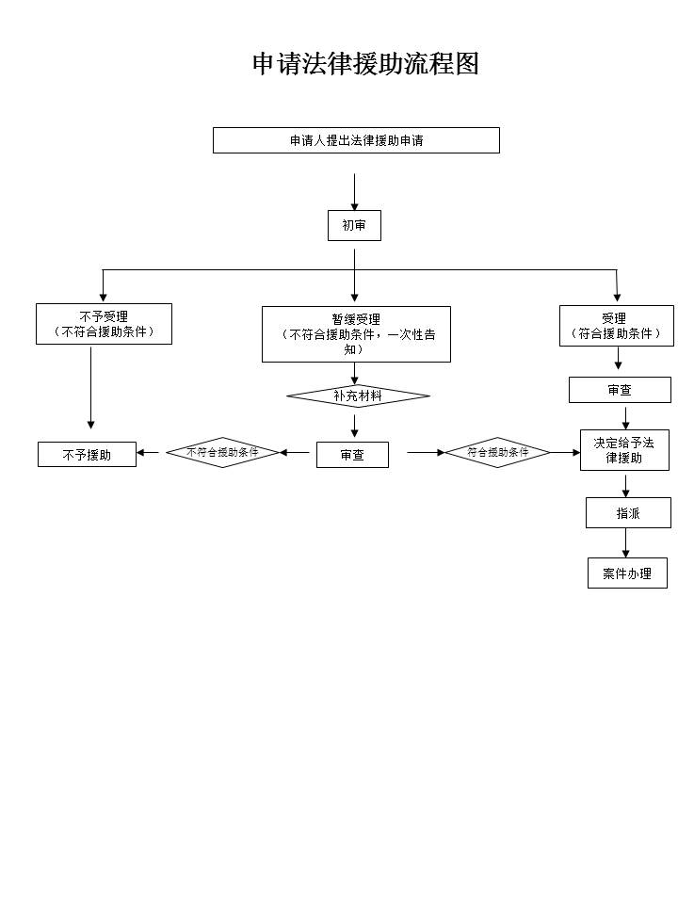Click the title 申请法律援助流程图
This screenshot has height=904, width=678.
click(x=365, y=64)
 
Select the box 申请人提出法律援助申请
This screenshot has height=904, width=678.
click(x=356, y=140)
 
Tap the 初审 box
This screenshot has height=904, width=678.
click(x=354, y=226)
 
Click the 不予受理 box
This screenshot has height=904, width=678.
click(x=104, y=324)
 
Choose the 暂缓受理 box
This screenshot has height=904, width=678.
click(x=356, y=333)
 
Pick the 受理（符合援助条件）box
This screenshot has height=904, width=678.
click(x=616, y=326)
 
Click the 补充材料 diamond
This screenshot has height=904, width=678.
click(x=358, y=396)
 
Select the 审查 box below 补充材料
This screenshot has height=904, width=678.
click(x=352, y=455)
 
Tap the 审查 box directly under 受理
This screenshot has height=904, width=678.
click(x=620, y=390)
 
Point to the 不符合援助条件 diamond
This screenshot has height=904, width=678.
click(x=223, y=453)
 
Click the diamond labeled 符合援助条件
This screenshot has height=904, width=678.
click(x=497, y=453)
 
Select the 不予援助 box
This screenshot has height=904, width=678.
click(x=87, y=455)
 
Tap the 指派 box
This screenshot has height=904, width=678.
click(x=628, y=513)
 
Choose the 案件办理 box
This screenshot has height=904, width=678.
click(x=627, y=573)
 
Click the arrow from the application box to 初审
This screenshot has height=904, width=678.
click(x=355, y=191)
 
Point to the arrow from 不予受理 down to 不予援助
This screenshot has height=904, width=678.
click(x=91, y=386)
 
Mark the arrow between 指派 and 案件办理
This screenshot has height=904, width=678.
click(x=625, y=543)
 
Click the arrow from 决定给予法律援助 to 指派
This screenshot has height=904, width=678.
click(x=625, y=484)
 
